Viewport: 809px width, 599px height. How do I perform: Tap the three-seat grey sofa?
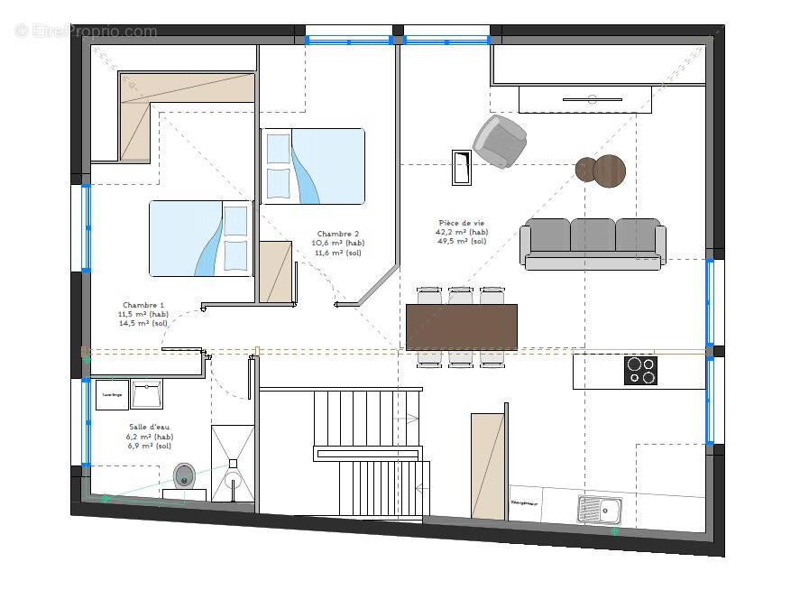(x=593, y=243)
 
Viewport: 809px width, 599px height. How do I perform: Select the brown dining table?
(x=462, y=327)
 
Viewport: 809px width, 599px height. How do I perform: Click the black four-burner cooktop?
(x=640, y=370)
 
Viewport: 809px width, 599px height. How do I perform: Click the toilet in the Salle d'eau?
(x=185, y=475)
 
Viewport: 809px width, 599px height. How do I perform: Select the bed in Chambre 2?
(x=313, y=166)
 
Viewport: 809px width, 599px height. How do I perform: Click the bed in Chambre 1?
(x=200, y=238)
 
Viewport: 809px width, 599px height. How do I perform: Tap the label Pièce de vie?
(x=462, y=223)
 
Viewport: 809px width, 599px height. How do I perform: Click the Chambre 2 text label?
(x=338, y=234)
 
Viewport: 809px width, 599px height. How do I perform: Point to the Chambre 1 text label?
(x=143, y=305)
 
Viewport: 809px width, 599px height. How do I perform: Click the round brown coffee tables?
(x=601, y=169)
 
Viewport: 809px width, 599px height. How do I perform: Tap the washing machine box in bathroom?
(x=112, y=394)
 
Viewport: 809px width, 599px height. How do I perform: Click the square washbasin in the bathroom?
(x=146, y=393)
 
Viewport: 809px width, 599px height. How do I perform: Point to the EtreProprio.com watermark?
(x=86, y=32)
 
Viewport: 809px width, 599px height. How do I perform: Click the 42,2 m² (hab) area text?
(x=462, y=232)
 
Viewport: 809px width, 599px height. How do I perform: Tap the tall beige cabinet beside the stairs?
(x=488, y=465)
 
